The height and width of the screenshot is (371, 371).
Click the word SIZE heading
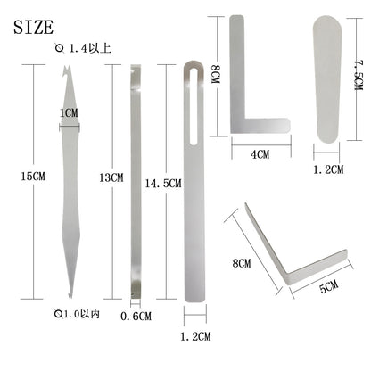click(33, 27)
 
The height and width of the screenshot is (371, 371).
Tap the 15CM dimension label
click(33, 177)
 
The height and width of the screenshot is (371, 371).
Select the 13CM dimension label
click(111, 177)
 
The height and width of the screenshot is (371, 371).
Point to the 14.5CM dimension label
click(163, 184)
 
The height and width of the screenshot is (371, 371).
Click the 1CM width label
click(69, 113)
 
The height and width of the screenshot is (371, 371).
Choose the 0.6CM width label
click(136, 316)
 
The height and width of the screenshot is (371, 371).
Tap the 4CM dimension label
click(260, 154)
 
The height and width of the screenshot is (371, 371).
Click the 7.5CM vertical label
click(358, 75)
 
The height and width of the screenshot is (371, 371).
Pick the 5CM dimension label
click(329, 286)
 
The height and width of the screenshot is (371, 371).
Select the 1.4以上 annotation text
click(90, 48)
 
